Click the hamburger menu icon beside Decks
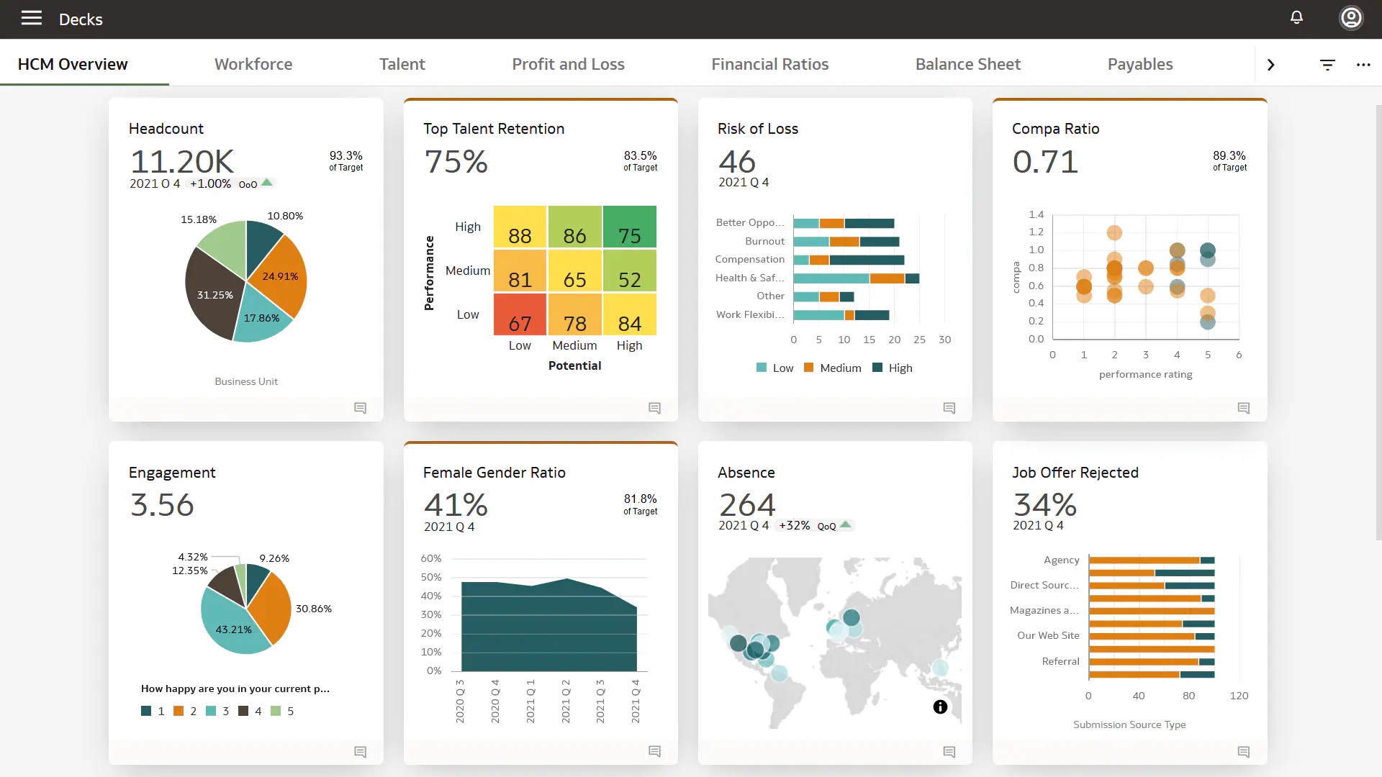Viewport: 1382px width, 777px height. pyautogui.click(x=31, y=18)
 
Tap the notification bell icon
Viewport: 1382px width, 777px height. pyautogui.click(x=1296, y=18)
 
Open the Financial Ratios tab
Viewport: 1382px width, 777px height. pyautogui.click(x=769, y=64)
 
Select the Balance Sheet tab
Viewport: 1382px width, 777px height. pyautogui.click(x=967, y=64)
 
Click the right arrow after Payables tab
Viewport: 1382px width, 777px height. pyautogui.click(x=1270, y=65)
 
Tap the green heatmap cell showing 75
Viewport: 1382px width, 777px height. pyautogui.click(x=629, y=227)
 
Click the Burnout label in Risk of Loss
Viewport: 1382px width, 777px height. pyautogui.click(x=764, y=241)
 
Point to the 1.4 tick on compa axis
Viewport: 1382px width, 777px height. pyautogui.click(x=1036, y=214)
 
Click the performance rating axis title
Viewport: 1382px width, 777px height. pyautogui.click(x=1145, y=374)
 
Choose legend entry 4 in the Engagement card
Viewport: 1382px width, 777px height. pyautogui.click(x=250, y=711)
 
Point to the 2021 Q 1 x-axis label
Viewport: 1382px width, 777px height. pyautogui.click(x=530, y=701)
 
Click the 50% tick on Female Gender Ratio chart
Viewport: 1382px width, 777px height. pyautogui.click(x=431, y=577)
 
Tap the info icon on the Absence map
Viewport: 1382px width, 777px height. pyautogui.click(x=940, y=706)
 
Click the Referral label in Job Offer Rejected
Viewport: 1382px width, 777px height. pyautogui.click(x=1060, y=661)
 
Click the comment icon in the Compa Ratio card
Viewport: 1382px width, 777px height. pyautogui.click(x=1243, y=408)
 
